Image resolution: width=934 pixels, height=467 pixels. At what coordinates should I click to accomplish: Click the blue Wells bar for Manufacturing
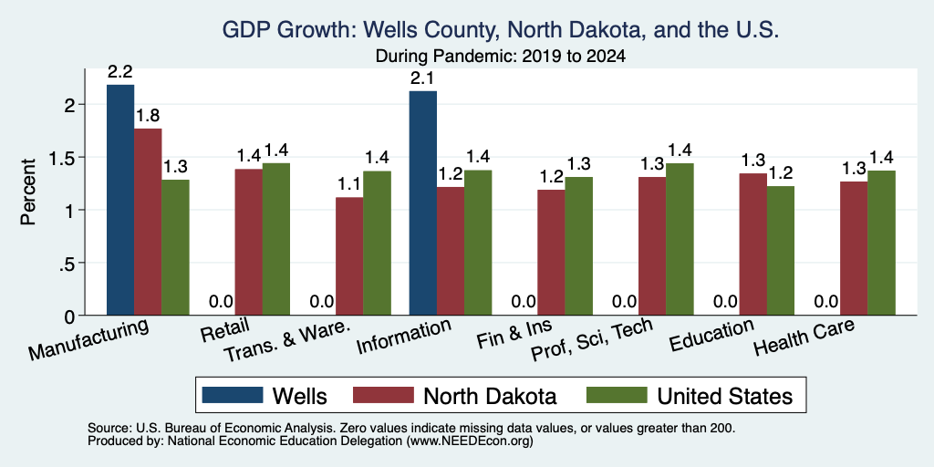pyautogui.click(x=120, y=200)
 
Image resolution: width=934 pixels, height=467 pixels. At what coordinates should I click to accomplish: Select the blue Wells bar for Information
pyautogui.click(x=423, y=203)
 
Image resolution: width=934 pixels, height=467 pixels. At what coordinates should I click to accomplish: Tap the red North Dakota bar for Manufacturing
pyautogui.click(x=148, y=222)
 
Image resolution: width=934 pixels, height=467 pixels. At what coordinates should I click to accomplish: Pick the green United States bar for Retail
pyautogui.click(x=276, y=239)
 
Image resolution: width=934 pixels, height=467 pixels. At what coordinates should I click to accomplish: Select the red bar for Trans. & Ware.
pyautogui.click(x=349, y=256)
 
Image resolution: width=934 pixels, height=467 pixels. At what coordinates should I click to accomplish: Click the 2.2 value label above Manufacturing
pyautogui.click(x=120, y=72)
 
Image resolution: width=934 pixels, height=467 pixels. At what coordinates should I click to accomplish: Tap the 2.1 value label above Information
pyautogui.click(x=423, y=78)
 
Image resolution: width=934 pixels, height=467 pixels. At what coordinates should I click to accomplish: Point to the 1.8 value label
pyautogui.click(x=148, y=116)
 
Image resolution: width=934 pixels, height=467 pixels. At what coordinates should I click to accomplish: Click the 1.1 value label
pyautogui.click(x=349, y=184)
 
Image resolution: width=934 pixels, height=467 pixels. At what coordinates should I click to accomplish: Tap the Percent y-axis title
pyautogui.click(x=28, y=192)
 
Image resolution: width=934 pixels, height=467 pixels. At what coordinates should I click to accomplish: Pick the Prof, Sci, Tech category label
pyautogui.click(x=591, y=339)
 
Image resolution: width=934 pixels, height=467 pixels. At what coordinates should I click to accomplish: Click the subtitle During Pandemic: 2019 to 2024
pyautogui.click(x=501, y=57)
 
